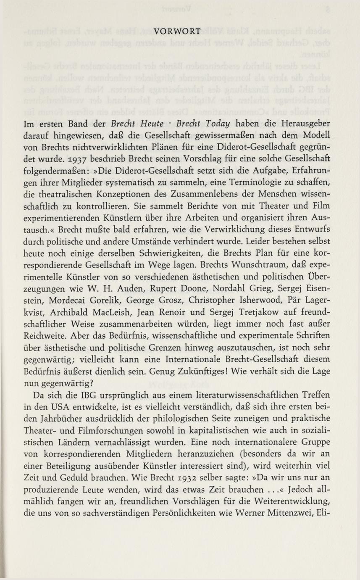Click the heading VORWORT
[177, 31]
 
